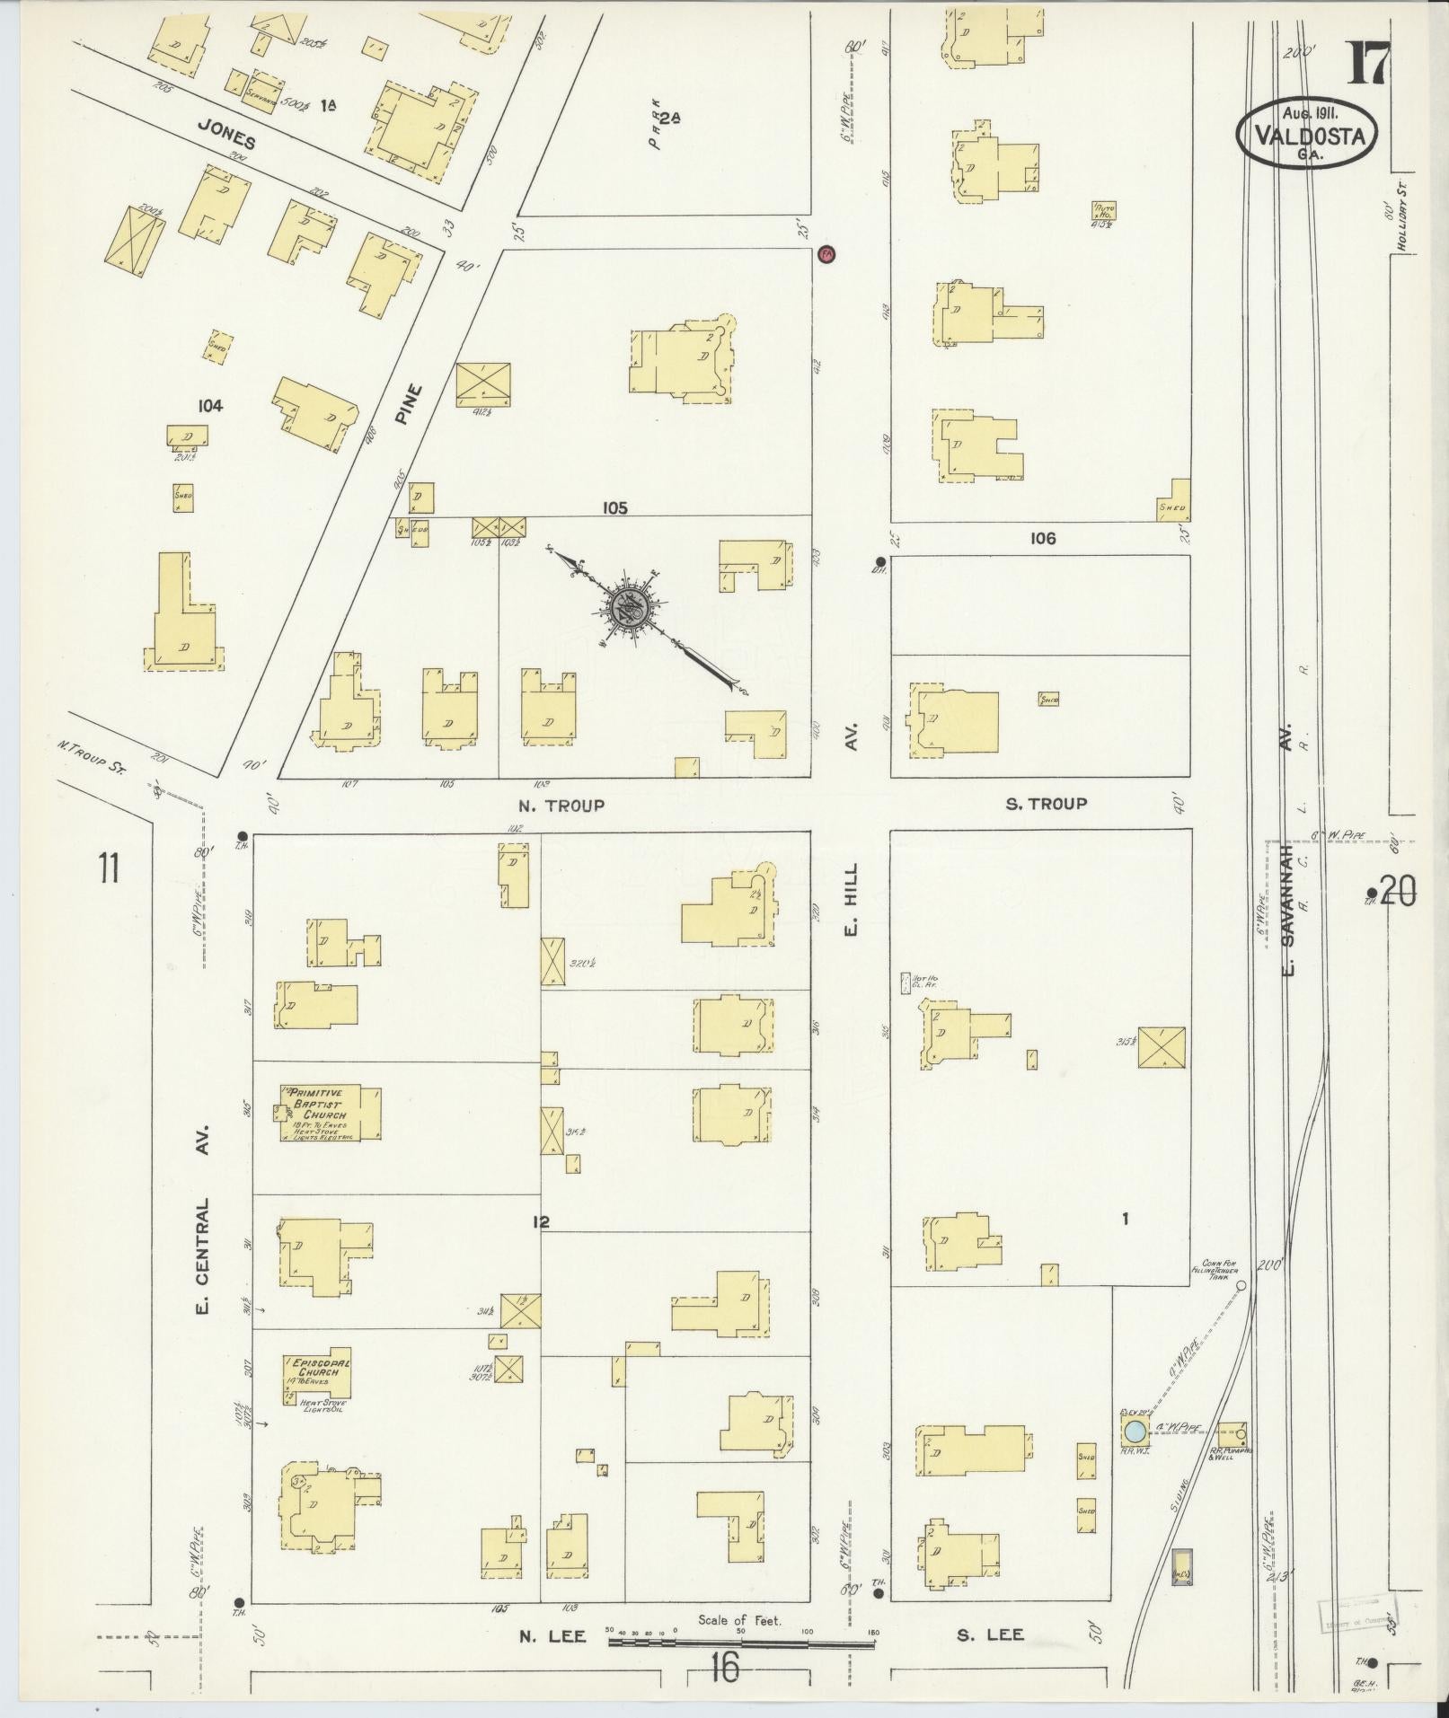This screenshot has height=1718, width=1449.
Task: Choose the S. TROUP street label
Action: (1046, 804)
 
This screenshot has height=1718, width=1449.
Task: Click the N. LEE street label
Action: (552, 1635)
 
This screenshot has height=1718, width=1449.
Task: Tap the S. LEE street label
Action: (990, 1634)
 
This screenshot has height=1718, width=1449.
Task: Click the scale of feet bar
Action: (741, 1643)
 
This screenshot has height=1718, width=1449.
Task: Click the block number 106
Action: (1043, 539)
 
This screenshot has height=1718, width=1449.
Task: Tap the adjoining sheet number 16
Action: (723, 1669)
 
